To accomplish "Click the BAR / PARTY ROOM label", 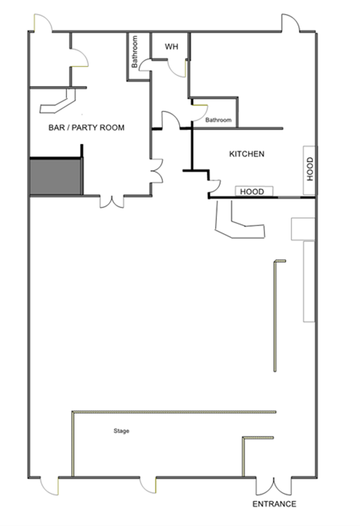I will [86, 128].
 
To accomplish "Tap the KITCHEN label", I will [247, 154].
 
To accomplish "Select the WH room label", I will [171, 47].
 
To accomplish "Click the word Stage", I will [121, 431].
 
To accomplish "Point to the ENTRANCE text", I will [274, 504].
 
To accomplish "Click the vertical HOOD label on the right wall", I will [310, 169].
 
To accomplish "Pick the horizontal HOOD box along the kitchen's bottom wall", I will [254, 191].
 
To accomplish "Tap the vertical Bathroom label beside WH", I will [134, 52].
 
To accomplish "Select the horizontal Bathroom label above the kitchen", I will [218, 120].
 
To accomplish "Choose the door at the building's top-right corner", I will [290, 23].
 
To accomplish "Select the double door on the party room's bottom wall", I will [112, 202].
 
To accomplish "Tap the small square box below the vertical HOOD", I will [303, 229].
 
